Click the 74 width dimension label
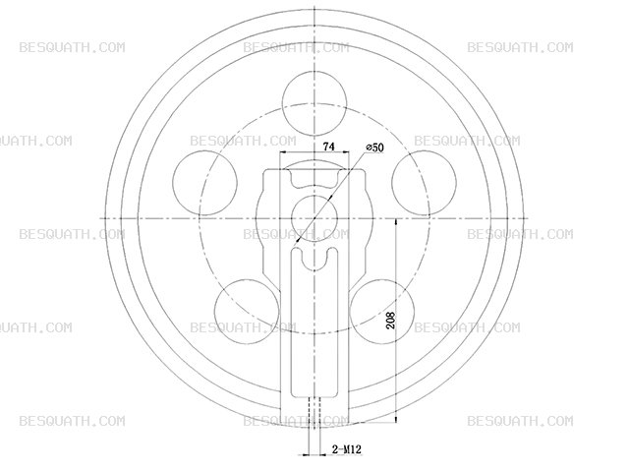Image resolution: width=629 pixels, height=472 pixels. point(328,147)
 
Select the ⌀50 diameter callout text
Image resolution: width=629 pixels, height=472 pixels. point(374,147)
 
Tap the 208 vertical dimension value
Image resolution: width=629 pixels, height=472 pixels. point(390,320)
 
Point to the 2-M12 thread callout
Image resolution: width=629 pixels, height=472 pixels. point(347,449)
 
